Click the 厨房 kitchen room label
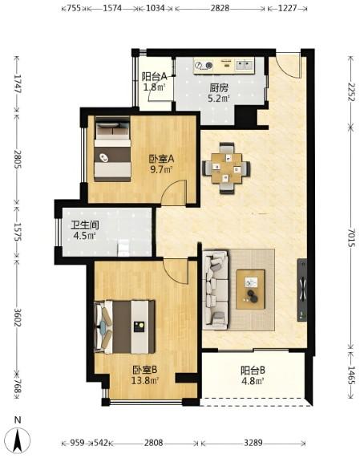pyautogui.click(x=219, y=87)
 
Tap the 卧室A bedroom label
pyautogui.click(x=162, y=159)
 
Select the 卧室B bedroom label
pyautogui.click(x=145, y=370)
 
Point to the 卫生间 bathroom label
pyautogui.click(x=85, y=225)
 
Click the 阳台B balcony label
pyautogui.click(x=253, y=371)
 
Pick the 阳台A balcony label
pyautogui.click(x=154, y=76)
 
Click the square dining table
pyautogui.click(x=227, y=168)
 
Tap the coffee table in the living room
pyautogui.click(x=250, y=290)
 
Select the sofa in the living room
pyautogui.click(x=216, y=290)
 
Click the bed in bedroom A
pyautogui.click(x=112, y=149)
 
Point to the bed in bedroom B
pyautogui.click(x=124, y=326)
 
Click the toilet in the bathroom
pyautogui.click(x=123, y=248)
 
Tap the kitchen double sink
pyautogui.click(x=245, y=65)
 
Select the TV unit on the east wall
pyautogui.click(x=302, y=290)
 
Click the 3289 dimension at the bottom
pyautogui.click(x=253, y=443)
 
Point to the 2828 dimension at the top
pyautogui.click(x=220, y=8)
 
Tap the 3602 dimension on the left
pyautogui.click(x=17, y=318)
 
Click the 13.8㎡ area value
pyautogui.click(x=145, y=380)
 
